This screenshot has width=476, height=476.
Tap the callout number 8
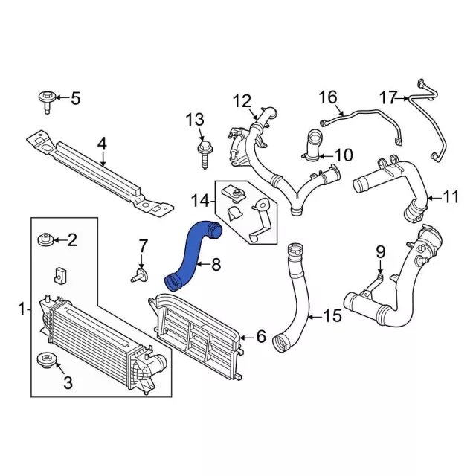(x=216, y=265)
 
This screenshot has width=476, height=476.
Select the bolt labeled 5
(x=46, y=102)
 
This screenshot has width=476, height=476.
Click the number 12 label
(x=242, y=101)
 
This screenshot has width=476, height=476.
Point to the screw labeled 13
(x=204, y=154)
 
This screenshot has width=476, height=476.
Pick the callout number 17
(x=388, y=97)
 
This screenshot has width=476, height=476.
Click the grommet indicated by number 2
(x=45, y=239)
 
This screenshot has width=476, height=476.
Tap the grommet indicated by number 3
(x=46, y=359)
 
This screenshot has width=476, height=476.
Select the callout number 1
(x=22, y=309)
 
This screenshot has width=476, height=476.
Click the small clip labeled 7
(x=140, y=275)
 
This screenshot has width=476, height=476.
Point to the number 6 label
(x=261, y=336)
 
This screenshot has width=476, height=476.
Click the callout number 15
(x=333, y=315)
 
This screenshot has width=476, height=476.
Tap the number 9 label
(x=380, y=252)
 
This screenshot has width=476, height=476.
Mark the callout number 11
(x=451, y=196)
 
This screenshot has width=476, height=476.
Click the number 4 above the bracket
(x=103, y=144)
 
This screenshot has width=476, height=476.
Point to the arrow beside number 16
(x=340, y=110)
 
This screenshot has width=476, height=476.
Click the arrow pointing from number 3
(x=59, y=368)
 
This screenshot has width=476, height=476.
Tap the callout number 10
(x=344, y=155)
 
